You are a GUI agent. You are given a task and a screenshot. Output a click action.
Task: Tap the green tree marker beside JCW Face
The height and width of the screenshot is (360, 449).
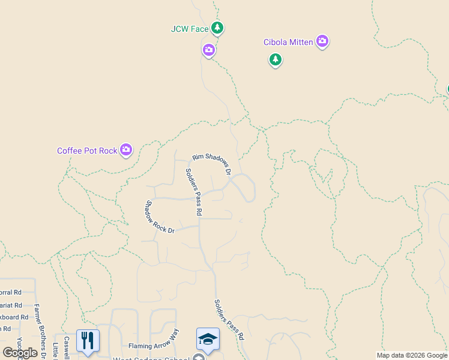(217, 28)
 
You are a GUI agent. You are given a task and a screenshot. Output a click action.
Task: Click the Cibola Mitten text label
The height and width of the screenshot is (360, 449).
(289, 42)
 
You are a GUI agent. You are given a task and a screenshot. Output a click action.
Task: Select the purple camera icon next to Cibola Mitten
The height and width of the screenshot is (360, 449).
(322, 41)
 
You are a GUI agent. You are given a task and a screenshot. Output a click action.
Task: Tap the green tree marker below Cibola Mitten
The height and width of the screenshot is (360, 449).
(276, 59)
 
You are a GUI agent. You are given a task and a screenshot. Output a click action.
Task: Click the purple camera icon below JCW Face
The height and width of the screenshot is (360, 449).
(209, 50)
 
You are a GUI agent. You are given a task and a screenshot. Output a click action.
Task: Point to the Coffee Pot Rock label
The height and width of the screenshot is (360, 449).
(87, 151)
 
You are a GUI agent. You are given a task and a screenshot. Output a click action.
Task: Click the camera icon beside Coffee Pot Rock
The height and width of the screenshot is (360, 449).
(126, 150)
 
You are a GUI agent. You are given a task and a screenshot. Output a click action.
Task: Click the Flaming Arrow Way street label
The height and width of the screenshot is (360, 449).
(154, 346)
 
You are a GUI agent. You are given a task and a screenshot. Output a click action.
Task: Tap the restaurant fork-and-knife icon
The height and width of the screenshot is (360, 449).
(88, 340)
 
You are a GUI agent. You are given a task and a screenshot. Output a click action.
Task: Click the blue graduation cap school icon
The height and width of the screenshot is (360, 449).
(208, 340)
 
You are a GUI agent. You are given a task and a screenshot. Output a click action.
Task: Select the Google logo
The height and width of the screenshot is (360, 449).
(20, 353)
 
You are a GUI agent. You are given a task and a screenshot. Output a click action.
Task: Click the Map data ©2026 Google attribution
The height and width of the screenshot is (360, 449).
(412, 355)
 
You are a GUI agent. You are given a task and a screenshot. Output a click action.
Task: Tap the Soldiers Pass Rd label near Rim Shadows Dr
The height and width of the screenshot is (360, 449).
(193, 192)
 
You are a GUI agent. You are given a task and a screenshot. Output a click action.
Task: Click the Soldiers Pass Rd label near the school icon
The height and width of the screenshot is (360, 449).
(229, 320)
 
